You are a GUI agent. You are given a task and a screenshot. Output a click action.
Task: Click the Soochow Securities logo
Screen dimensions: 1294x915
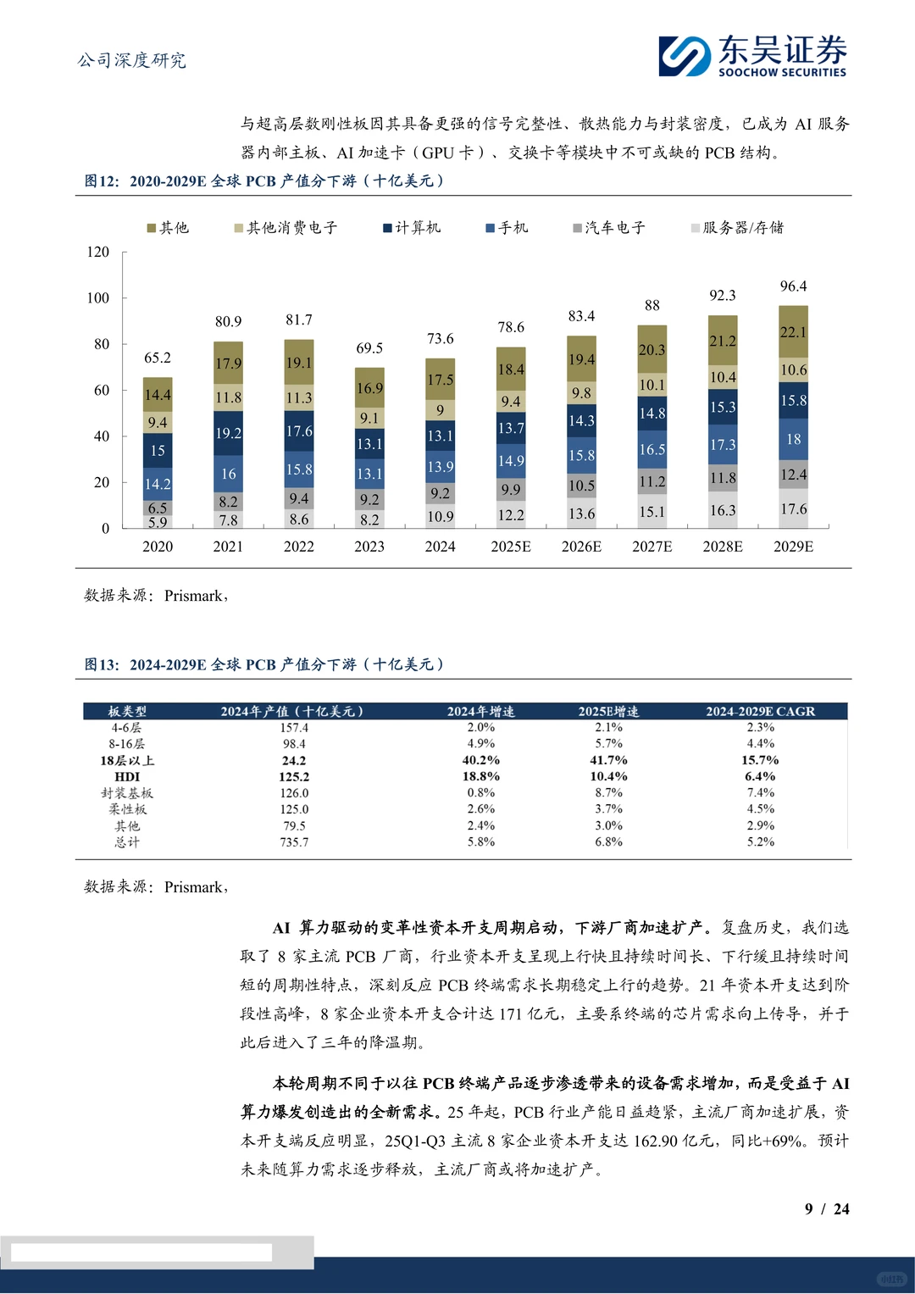[752, 56]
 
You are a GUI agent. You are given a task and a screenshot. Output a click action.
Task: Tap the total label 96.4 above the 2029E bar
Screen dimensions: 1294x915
[793, 286]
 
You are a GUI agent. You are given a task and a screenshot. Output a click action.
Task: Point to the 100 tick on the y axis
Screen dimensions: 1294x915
[98, 298]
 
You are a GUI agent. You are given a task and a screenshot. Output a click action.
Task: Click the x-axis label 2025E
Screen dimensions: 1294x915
[511, 547]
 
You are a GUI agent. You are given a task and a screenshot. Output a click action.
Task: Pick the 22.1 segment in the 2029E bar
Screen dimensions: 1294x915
[793, 332]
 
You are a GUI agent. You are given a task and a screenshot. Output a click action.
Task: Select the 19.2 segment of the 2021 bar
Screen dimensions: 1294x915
[228, 433]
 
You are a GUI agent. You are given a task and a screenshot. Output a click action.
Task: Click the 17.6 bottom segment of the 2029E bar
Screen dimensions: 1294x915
[793, 508]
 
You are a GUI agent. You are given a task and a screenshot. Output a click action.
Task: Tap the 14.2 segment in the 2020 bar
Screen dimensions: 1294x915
[158, 484]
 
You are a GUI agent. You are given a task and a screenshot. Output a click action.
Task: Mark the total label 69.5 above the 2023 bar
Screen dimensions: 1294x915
[369, 348]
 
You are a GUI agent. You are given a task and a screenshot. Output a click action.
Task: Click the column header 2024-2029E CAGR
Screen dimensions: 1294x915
[760, 712]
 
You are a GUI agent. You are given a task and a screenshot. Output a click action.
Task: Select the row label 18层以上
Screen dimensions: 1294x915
[127, 760]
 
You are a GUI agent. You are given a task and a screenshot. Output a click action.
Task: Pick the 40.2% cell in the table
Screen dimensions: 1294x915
[480, 760]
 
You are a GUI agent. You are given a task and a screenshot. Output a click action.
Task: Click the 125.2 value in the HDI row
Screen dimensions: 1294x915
[294, 776]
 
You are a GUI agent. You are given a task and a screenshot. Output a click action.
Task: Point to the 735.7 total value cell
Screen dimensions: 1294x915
[294, 842]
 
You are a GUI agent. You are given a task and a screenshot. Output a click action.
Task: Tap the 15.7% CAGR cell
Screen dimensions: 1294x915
[760, 760]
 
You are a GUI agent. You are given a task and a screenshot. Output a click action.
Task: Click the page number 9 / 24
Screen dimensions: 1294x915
[826, 1209]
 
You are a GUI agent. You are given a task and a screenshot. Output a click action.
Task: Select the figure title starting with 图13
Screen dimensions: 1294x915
[263, 665]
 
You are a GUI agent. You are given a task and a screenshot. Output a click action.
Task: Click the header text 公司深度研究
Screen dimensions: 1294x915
[131, 60]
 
